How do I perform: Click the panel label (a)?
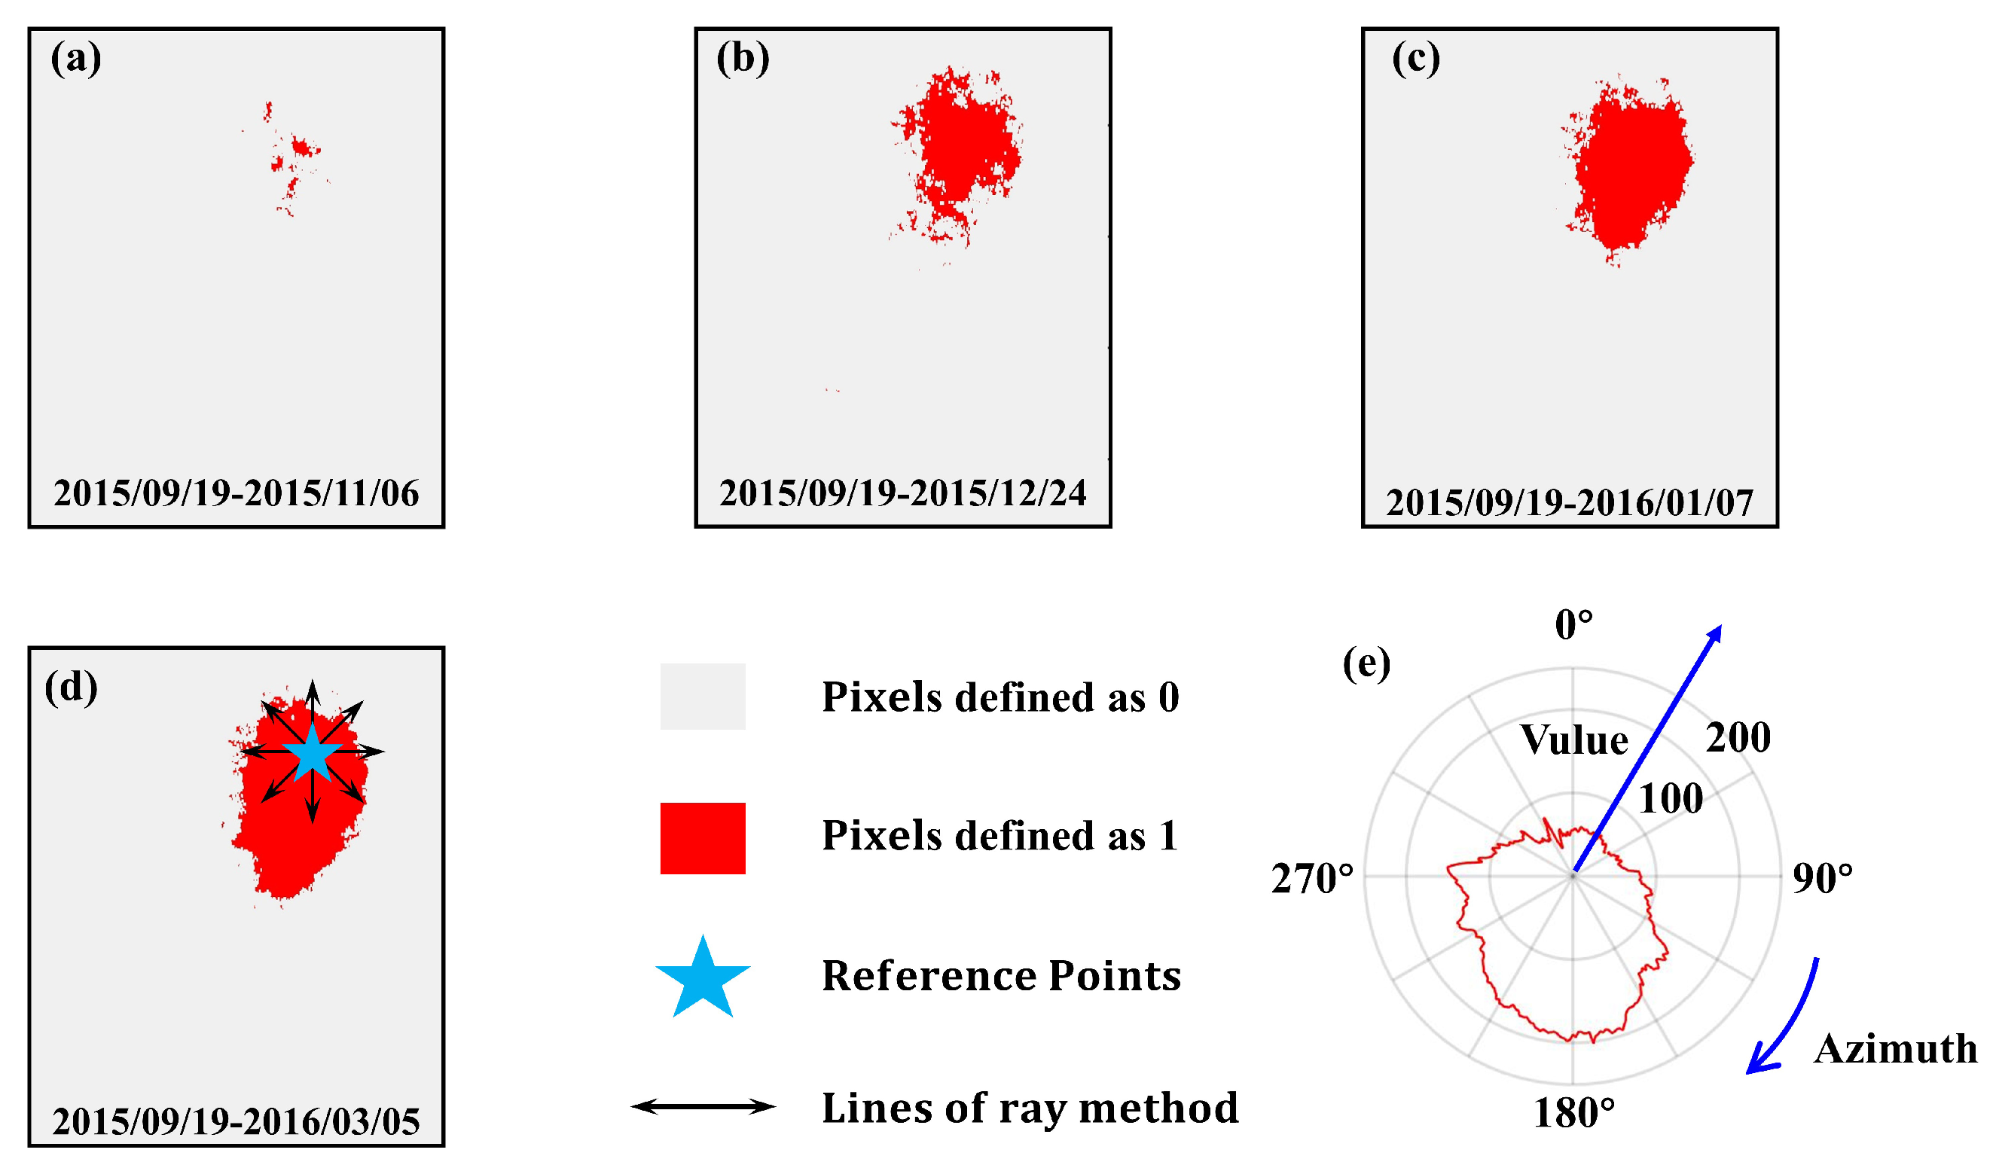(76, 58)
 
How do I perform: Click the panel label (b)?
(743, 58)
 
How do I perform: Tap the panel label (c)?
(1416, 58)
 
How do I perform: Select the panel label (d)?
(72, 687)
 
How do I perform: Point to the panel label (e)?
(1367, 663)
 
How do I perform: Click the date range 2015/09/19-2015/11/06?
(237, 493)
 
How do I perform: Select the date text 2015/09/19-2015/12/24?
(903, 493)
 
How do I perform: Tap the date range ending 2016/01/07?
(1570, 503)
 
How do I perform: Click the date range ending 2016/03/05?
(237, 1122)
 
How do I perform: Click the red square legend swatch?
(703, 839)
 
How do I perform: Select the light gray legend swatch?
(703, 697)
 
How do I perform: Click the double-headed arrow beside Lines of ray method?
(703, 1107)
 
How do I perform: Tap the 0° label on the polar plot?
(1573, 625)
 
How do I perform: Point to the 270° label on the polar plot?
(1312, 879)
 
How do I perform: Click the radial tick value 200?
(1738, 738)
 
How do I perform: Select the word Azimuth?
(1895, 1049)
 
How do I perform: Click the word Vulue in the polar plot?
(1573, 740)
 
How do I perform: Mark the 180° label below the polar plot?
(1573, 1114)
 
